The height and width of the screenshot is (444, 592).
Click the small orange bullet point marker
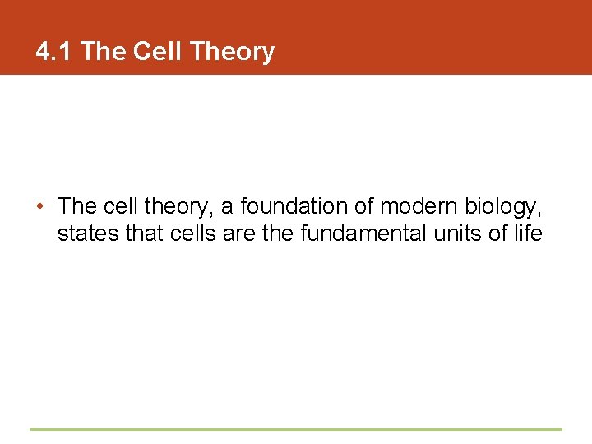pos(40,206)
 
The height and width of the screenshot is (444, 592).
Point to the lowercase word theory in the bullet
pos(182,206)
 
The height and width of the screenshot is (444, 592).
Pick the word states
pos(88,234)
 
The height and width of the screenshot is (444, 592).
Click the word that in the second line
pos(145,234)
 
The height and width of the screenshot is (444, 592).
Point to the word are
pos(240,234)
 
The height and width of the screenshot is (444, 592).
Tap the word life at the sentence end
pos(528,234)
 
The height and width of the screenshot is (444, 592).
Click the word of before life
pos(498,234)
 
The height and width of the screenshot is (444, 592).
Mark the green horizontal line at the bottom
pos(296,429)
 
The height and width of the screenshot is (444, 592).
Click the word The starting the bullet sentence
pos(77,206)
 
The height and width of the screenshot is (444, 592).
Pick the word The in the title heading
pos(103,52)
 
